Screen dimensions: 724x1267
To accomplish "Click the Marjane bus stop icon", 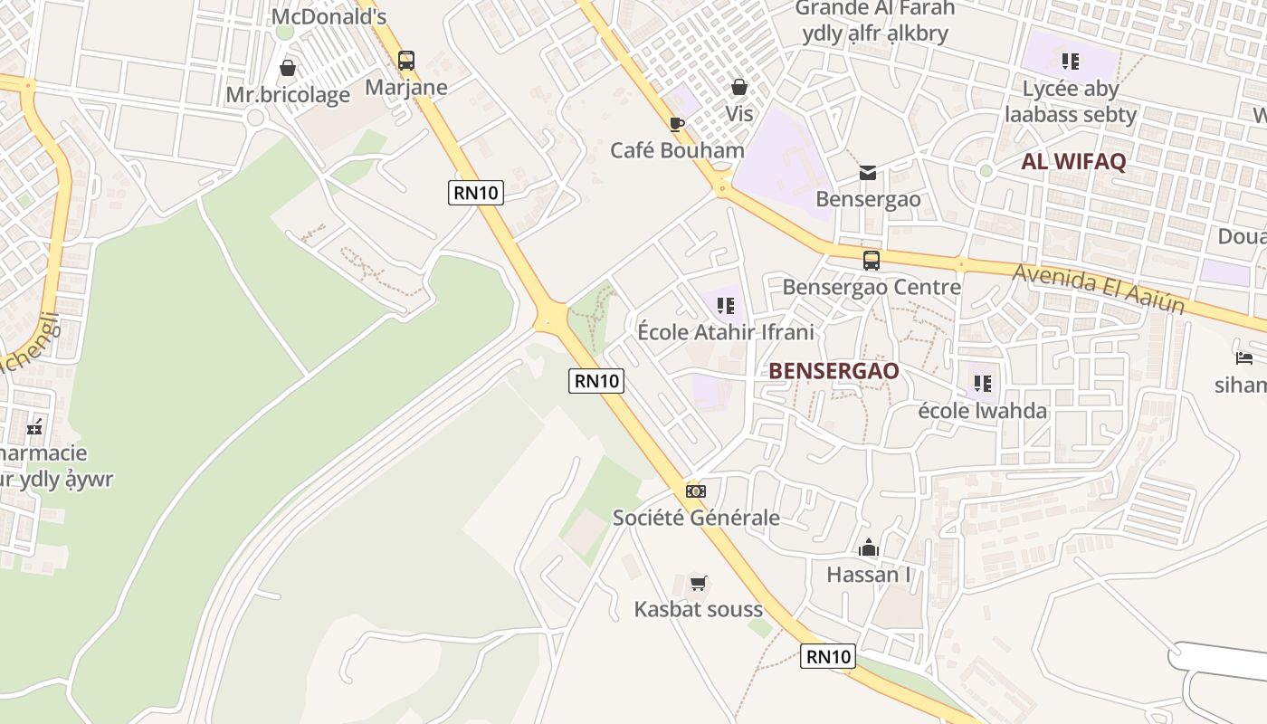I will (406, 61).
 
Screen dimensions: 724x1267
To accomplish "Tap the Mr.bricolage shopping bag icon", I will (288, 68).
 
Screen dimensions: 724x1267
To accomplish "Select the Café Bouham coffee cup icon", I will (677, 124).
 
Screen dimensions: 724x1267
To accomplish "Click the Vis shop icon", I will (739, 87).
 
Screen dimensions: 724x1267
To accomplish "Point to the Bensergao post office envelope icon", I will (868, 172).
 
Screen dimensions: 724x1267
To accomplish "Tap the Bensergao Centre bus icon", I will (871, 261).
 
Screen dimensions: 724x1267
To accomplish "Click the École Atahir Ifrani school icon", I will (725, 306).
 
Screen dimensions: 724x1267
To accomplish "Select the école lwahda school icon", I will (983, 384).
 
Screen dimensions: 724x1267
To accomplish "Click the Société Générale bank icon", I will (695, 491).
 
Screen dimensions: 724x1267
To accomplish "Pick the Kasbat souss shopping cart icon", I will (698, 583).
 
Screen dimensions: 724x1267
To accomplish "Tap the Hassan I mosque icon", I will (869, 548).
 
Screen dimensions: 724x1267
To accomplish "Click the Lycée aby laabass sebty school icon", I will (1071, 62).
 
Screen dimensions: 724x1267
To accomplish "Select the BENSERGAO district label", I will (834, 371).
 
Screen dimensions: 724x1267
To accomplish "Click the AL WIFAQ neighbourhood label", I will (1073, 162).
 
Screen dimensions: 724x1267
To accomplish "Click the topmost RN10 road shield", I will (475, 193).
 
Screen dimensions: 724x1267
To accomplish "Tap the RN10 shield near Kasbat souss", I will (827, 657).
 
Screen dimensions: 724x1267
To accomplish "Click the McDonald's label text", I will (329, 16).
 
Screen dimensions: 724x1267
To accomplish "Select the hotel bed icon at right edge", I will (1244, 358).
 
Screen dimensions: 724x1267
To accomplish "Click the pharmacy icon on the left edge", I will (34, 427).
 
